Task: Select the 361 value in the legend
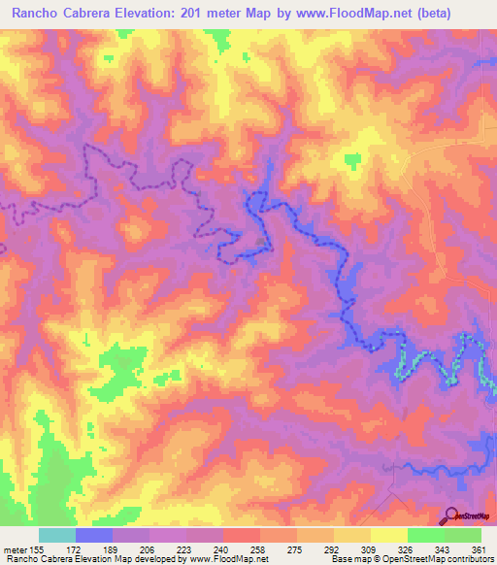click(x=480, y=548)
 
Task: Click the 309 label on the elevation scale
click(x=369, y=548)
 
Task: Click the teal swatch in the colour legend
click(x=56, y=535)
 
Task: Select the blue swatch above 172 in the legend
click(x=93, y=535)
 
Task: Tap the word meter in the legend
click(x=17, y=548)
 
